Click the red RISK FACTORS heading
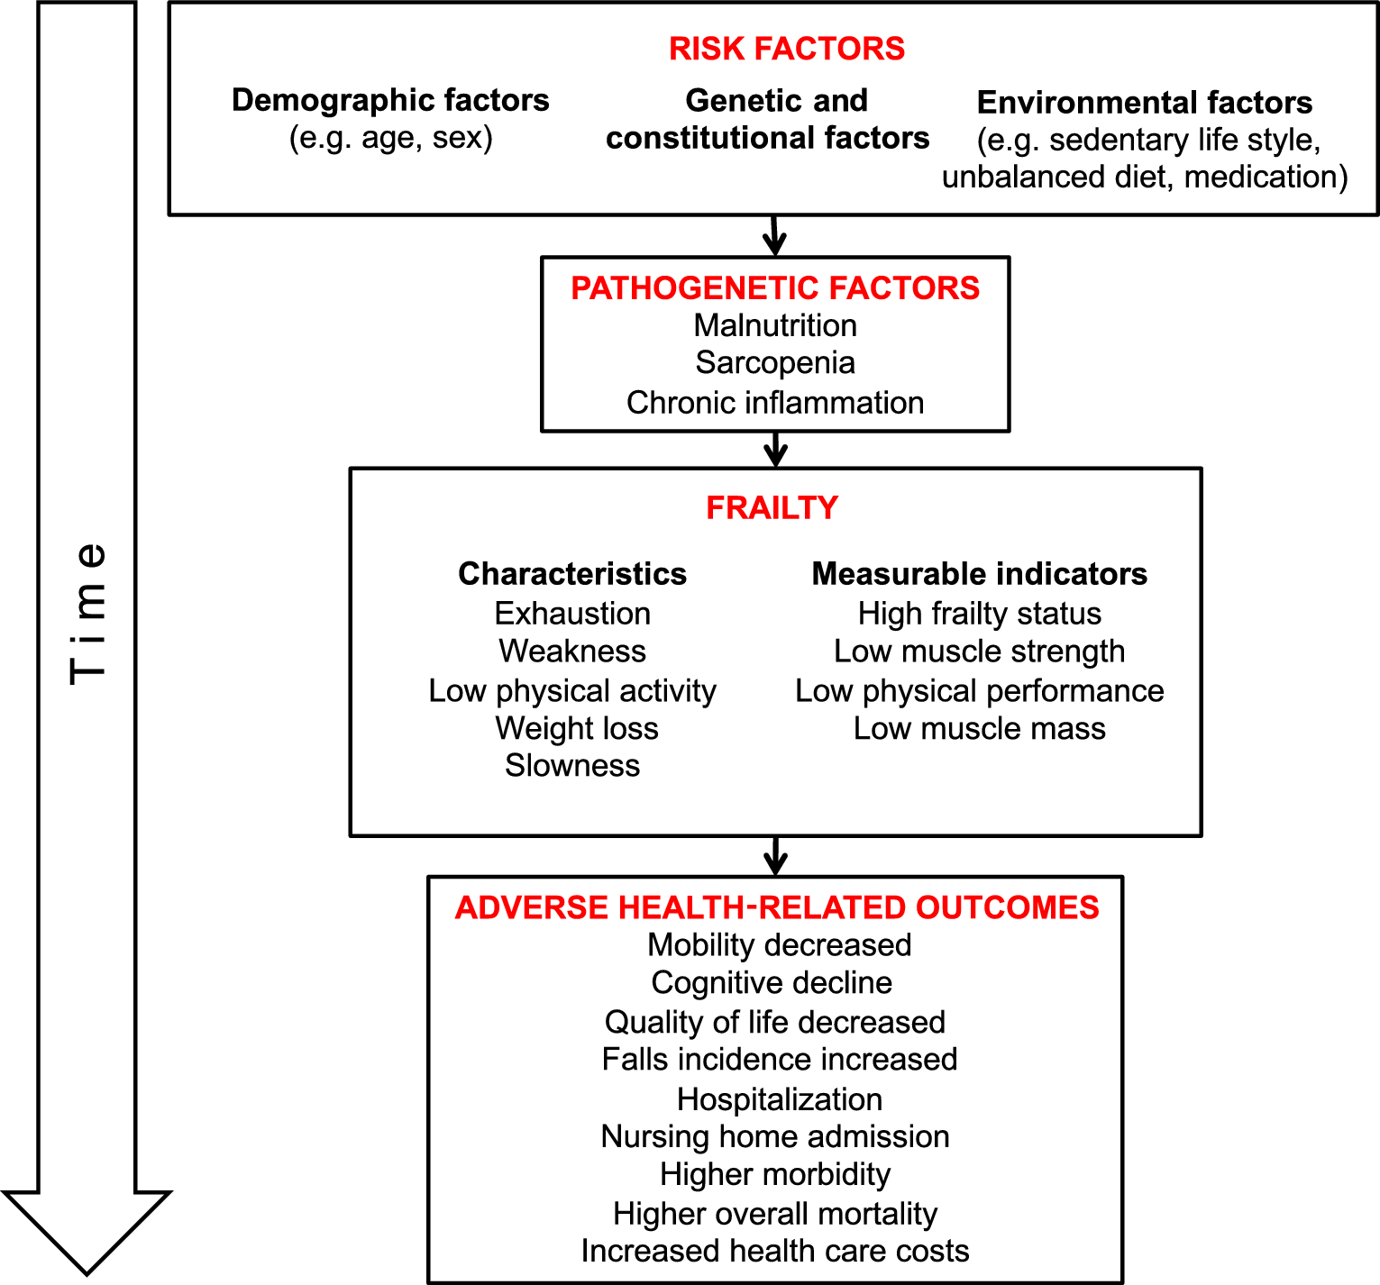[x=786, y=49]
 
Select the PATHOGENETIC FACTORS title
[x=775, y=288]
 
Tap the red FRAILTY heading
[x=772, y=508]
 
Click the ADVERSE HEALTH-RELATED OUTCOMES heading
[x=777, y=907]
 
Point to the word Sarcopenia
[x=775, y=363]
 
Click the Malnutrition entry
[x=775, y=325]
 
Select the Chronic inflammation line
[x=775, y=403]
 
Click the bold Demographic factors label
[x=390, y=100]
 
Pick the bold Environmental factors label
[x=1145, y=103]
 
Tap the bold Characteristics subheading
[x=572, y=574]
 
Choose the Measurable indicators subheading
[x=980, y=574]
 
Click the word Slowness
[x=572, y=766]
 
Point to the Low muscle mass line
[x=980, y=728]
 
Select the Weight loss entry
[x=577, y=728]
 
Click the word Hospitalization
[x=780, y=1099]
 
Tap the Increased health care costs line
[x=775, y=1251]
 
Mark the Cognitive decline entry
[x=772, y=983]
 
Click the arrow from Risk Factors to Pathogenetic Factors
[x=774, y=236]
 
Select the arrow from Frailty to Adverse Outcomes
[x=775, y=856]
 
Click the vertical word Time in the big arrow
[x=88, y=613]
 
